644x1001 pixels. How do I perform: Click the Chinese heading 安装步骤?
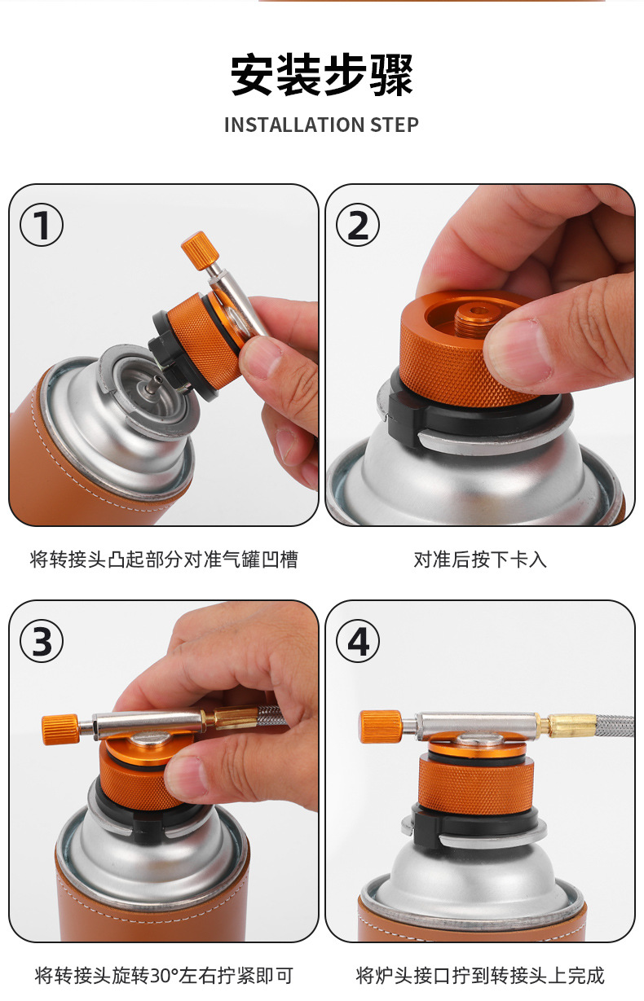[x=322, y=76]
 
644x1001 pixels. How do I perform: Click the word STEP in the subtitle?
[x=394, y=125]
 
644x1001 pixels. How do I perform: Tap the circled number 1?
[x=42, y=226]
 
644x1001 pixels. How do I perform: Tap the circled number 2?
[x=358, y=226]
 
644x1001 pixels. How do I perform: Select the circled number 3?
[x=42, y=642]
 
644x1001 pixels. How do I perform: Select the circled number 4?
[x=358, y=642]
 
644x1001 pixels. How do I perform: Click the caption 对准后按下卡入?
[x=480, y=560]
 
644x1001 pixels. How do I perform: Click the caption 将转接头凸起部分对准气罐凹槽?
[x=164, y=560]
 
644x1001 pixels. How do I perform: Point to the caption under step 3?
[x=164, y=975]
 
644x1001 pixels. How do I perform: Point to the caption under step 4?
[x=480, y=975]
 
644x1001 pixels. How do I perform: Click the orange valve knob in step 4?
[x=380, y=726]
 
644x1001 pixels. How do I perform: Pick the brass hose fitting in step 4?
[x=571, y=724]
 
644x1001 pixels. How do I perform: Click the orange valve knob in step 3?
[x=60, y=727]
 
